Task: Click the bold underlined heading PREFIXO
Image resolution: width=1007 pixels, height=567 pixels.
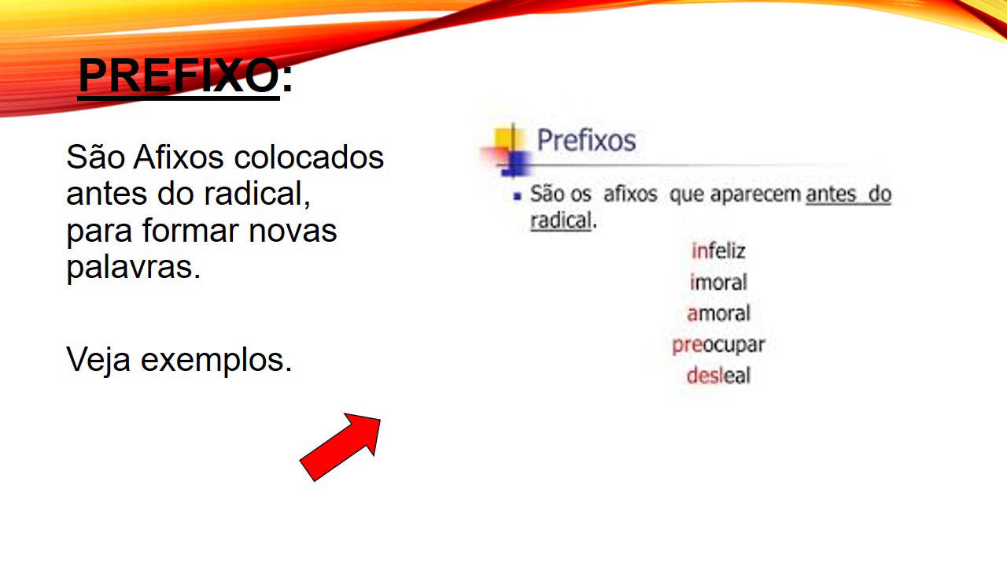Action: pyautogui.click(x=179, y=76)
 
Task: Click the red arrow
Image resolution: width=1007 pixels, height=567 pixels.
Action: pyautogui.click(x=340, y=447)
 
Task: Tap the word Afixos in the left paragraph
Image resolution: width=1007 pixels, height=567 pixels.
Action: pyautogui.click(x=178, y=157)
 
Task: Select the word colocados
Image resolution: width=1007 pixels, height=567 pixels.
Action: pyautogui.click(x=309, y=157)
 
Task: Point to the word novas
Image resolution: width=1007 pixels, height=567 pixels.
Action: pyautogui.click(x=293, y=232)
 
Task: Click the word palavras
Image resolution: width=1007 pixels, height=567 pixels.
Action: pyautogui.click(x=134, y=269)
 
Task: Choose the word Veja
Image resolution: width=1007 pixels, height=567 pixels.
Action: pyautogui.click(x=98, y=361)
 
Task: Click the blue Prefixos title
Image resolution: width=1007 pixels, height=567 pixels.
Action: pyautogui.click(x=586, y=140)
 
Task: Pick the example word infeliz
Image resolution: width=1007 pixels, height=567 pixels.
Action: pyautogui.click(x=718, y=250)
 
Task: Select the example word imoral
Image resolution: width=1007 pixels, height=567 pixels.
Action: pyautogui.click(x=718, y=282)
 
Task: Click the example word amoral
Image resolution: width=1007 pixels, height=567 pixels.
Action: pyautogui.click(x=718, y=313)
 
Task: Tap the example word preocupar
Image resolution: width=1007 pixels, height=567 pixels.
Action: pyautogui.click(x=718, y=346)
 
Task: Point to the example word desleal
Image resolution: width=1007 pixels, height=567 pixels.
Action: pyautogui.click(x=718, y=376)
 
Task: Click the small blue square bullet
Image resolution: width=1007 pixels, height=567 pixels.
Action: pyautogui.click(x=518, y=196)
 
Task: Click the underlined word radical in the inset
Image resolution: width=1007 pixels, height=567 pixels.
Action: pyautogui.click(x=561, y=220)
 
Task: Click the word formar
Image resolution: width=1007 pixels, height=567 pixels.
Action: pyautogui.click(x=190, y=231)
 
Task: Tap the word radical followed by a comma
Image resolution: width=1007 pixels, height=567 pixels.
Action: pyautogui.click(x=256, y=194)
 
